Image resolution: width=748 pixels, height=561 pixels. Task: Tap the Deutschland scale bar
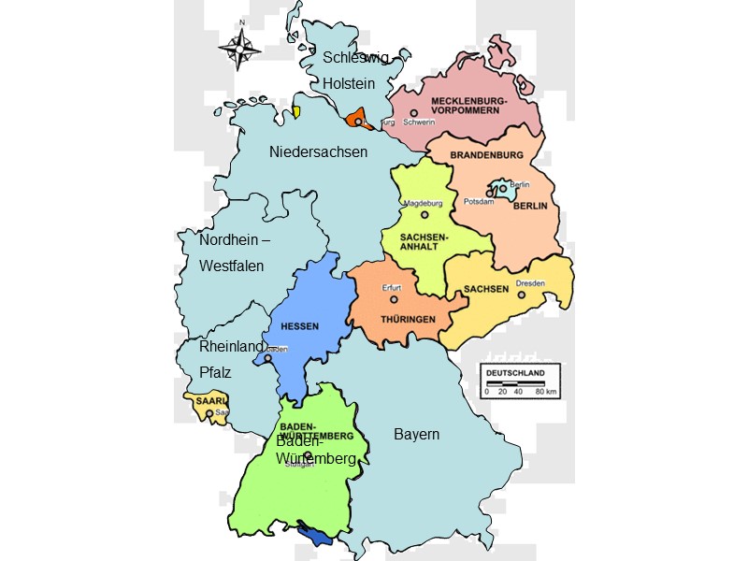point(521,379)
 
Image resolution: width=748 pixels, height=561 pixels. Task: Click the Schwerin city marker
point(413,113)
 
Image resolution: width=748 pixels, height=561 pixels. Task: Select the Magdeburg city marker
point(424,214)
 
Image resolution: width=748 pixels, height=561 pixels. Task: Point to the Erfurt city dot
point(394,300)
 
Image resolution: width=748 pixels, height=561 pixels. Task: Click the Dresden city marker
point(523,295)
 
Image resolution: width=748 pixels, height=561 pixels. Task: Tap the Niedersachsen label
point(318,151)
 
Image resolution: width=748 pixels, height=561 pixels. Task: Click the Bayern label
point(416,435)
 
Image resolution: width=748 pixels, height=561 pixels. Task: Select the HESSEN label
point(300,326)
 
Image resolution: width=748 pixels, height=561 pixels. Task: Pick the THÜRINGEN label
point(408,320)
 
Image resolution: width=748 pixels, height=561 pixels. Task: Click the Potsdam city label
point(479,202)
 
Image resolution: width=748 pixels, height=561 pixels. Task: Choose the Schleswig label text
point(355,57)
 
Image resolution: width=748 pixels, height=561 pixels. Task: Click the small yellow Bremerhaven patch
point(295,112)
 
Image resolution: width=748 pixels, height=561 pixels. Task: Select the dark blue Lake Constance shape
point(318,536)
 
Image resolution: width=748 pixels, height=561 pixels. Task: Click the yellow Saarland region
point(207,408)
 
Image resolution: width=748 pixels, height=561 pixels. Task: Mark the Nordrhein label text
point(235,240)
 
